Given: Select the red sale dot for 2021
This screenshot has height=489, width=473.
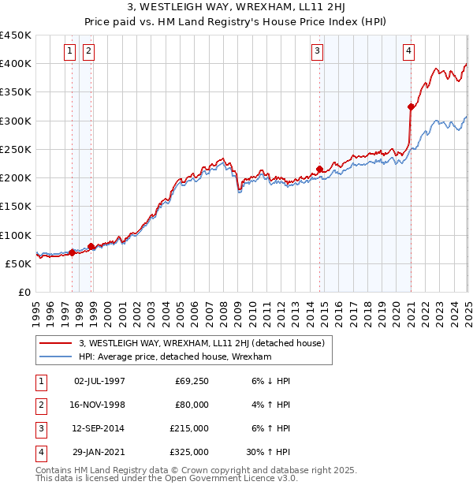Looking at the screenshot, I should point(412,106).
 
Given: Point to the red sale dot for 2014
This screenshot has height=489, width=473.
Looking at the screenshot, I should point(319,169).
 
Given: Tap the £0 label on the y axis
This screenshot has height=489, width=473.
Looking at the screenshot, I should point(24,292).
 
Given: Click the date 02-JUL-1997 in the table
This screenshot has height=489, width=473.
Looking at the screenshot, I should point(99,381).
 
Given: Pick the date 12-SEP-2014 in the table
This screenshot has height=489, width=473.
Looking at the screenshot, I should point(99,428).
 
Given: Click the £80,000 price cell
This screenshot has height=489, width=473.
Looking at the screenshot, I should point(192,405).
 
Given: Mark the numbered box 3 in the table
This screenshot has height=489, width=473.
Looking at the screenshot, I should point(39,428).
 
